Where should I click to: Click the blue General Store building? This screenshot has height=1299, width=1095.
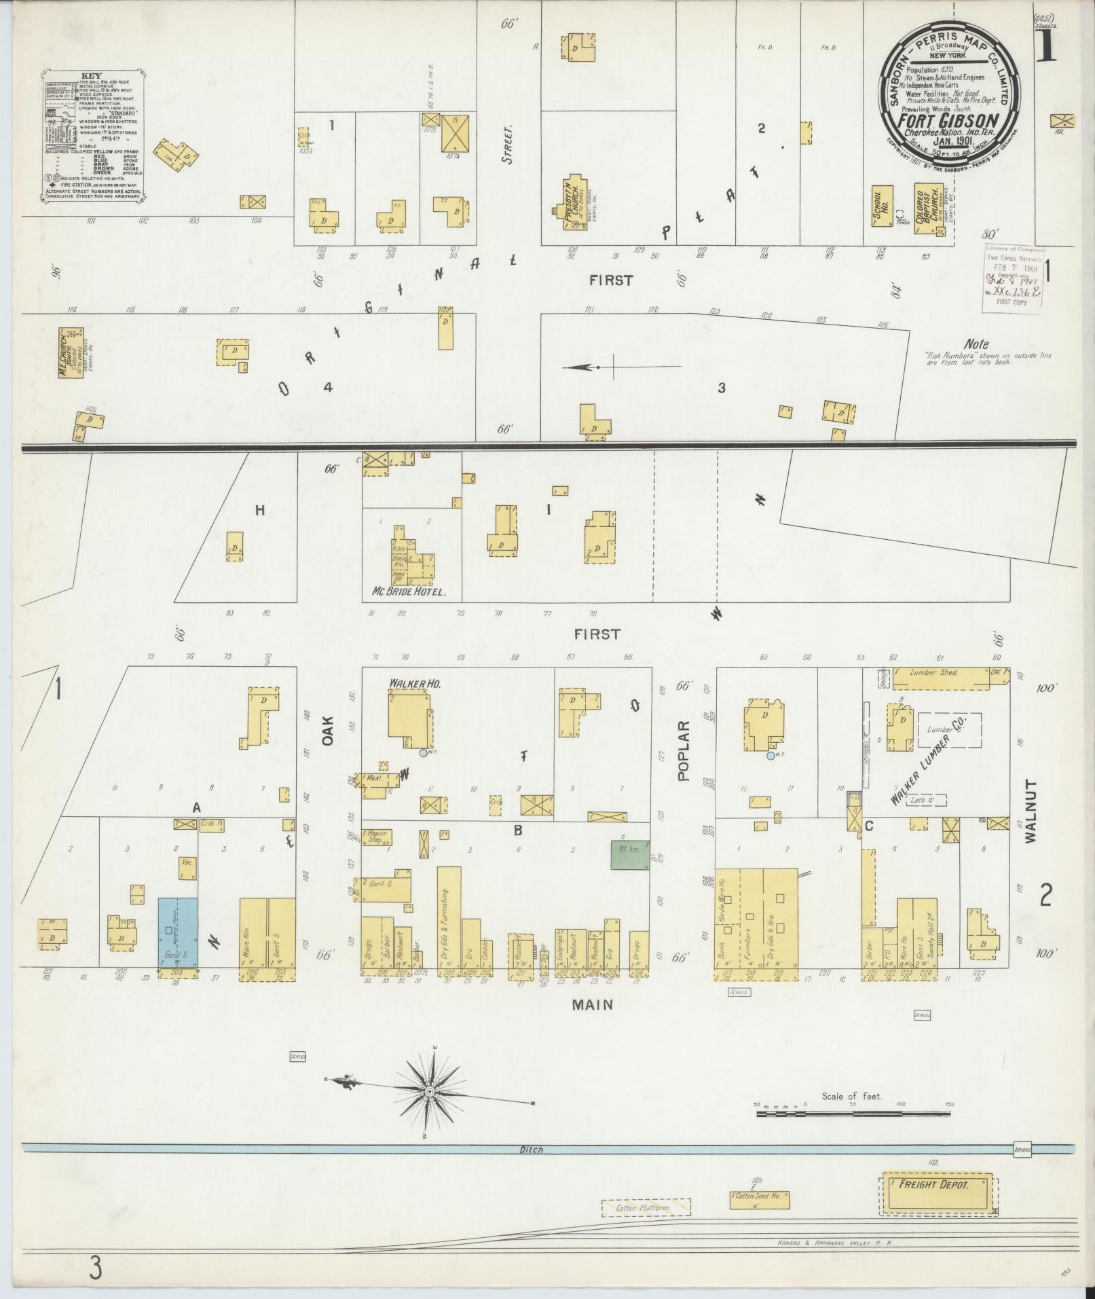(178, 932)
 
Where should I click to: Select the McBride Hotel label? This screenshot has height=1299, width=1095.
(408, 592)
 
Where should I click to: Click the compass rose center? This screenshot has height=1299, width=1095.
(429, 1091)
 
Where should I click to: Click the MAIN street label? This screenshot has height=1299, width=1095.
(592, 1004)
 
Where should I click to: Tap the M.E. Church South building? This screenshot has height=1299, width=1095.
(70, 352)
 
